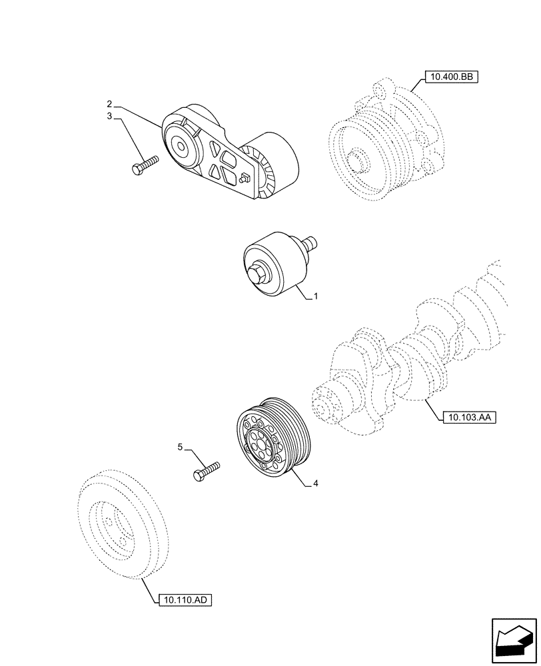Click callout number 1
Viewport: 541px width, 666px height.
click(x=316, y=298)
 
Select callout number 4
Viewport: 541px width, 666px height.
click(x=316, y=485)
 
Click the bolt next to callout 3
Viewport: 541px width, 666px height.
click(x=145, y=165)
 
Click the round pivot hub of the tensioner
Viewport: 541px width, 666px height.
click(x=180, y=145)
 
